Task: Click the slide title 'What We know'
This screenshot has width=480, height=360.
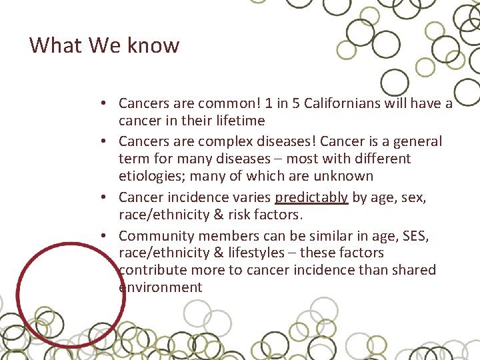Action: [104, 45]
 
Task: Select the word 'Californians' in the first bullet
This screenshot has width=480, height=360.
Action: [341, 103]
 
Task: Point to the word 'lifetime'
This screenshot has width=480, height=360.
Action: [240, 121]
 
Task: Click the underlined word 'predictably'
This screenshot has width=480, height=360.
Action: [311, 197]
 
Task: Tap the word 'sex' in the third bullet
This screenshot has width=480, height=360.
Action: [415, 197]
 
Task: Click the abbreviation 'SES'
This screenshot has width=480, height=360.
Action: [416, 235]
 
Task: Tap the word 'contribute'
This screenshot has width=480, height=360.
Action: [152, 270]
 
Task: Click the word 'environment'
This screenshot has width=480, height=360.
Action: [160, 287]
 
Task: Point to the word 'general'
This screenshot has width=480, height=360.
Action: [417, 141]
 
